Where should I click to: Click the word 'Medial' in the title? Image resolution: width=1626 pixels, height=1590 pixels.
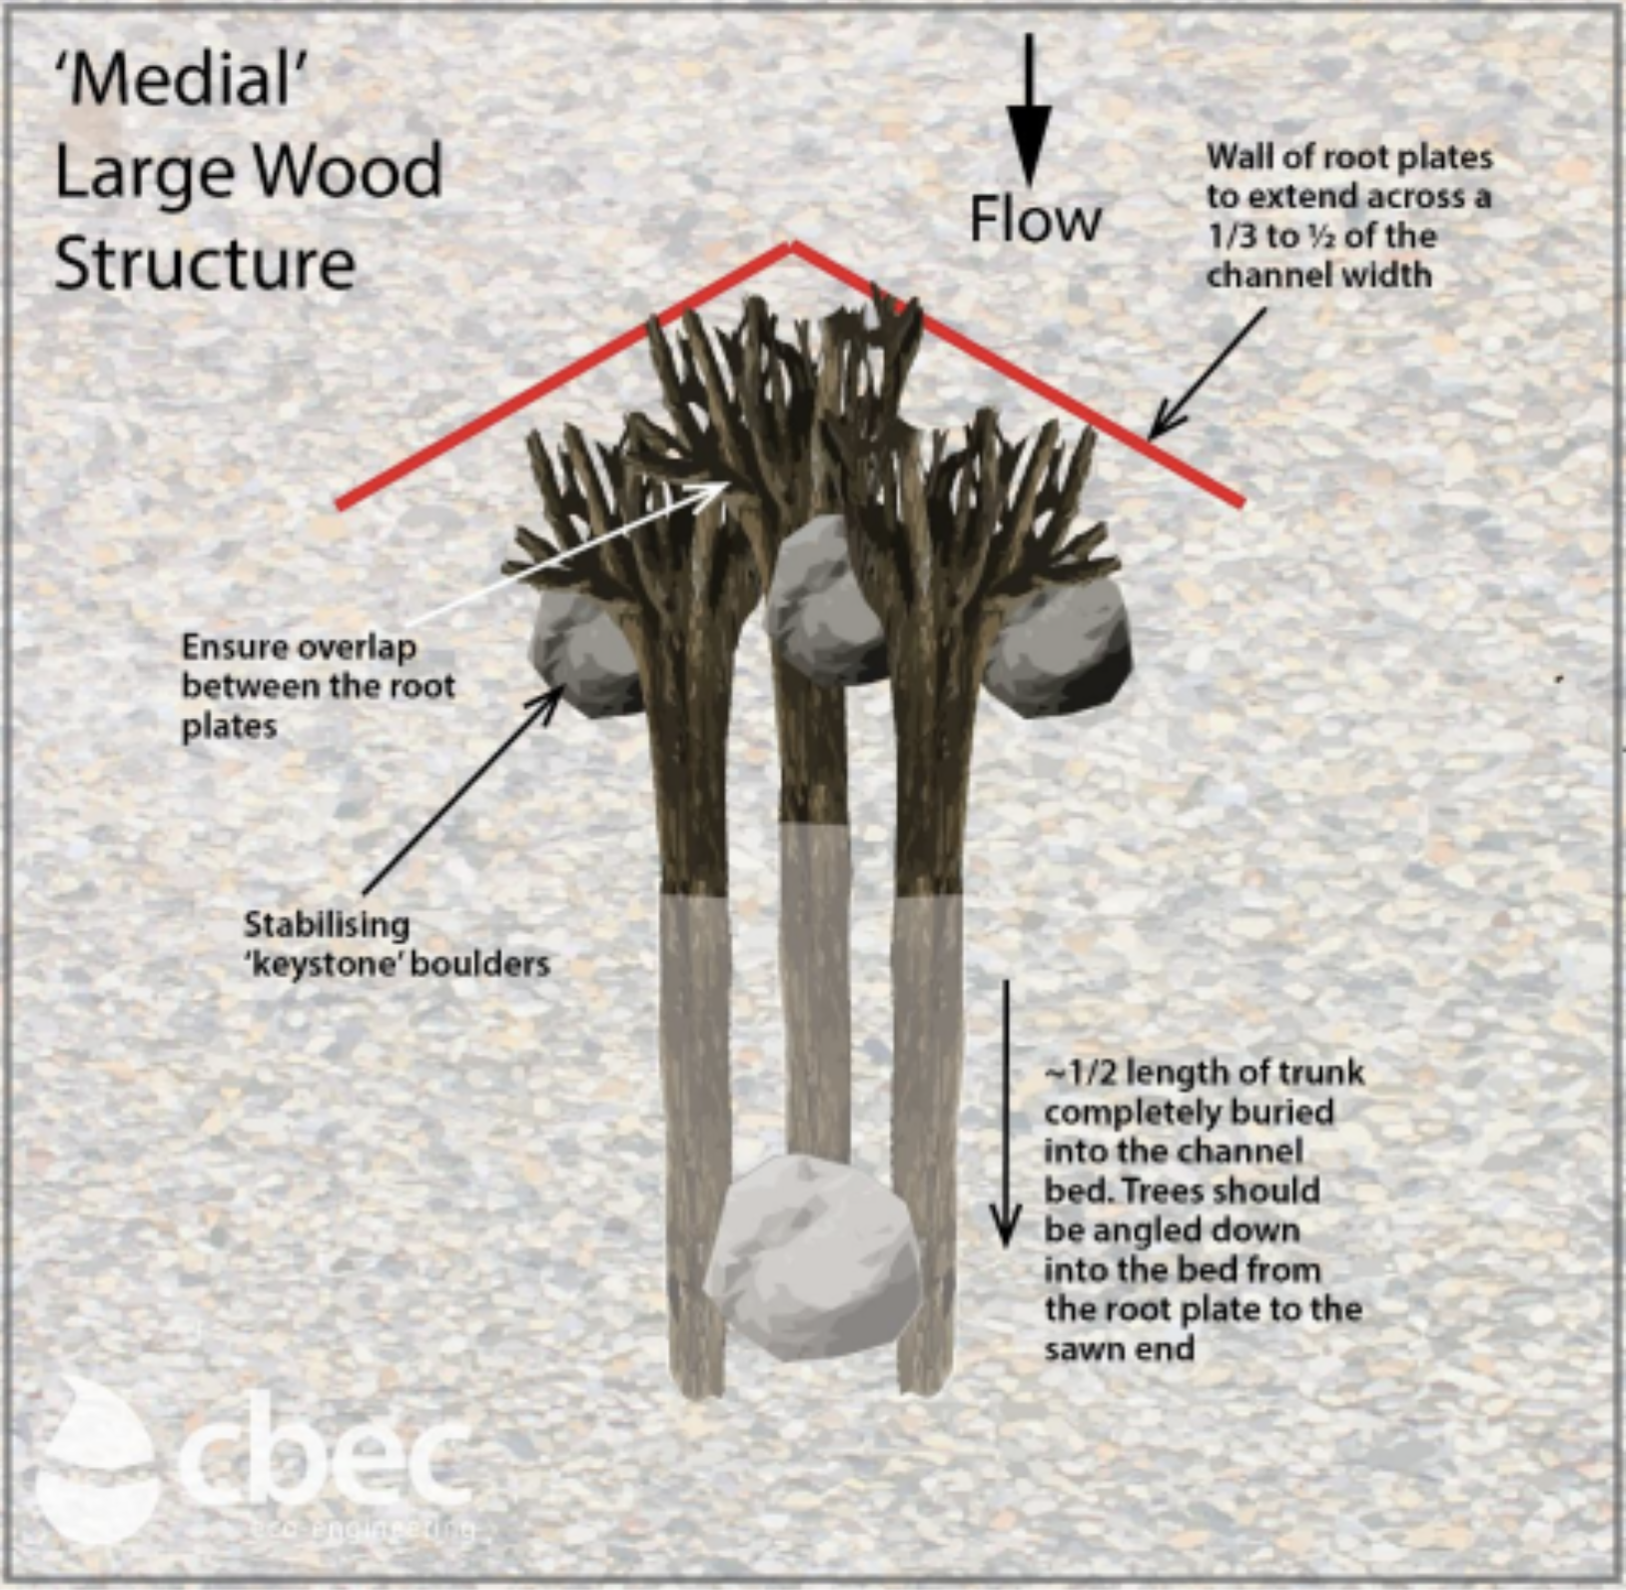[x=183, y=80]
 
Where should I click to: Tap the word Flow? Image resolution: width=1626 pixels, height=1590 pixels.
[x=1035, y=220]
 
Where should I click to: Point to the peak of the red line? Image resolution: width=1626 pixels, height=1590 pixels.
[x=792, y=245]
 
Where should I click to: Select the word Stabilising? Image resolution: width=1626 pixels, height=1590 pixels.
[x=327, y=925]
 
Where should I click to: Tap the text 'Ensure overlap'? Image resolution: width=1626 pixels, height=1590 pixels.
[x=299, y=647]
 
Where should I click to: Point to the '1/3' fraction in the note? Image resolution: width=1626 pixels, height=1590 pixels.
[x=1231, y=237]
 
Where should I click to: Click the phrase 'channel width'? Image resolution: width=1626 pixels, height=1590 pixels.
[x=1318, y=276]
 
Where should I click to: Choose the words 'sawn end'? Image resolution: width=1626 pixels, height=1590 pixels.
[x=1119, y=1349]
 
